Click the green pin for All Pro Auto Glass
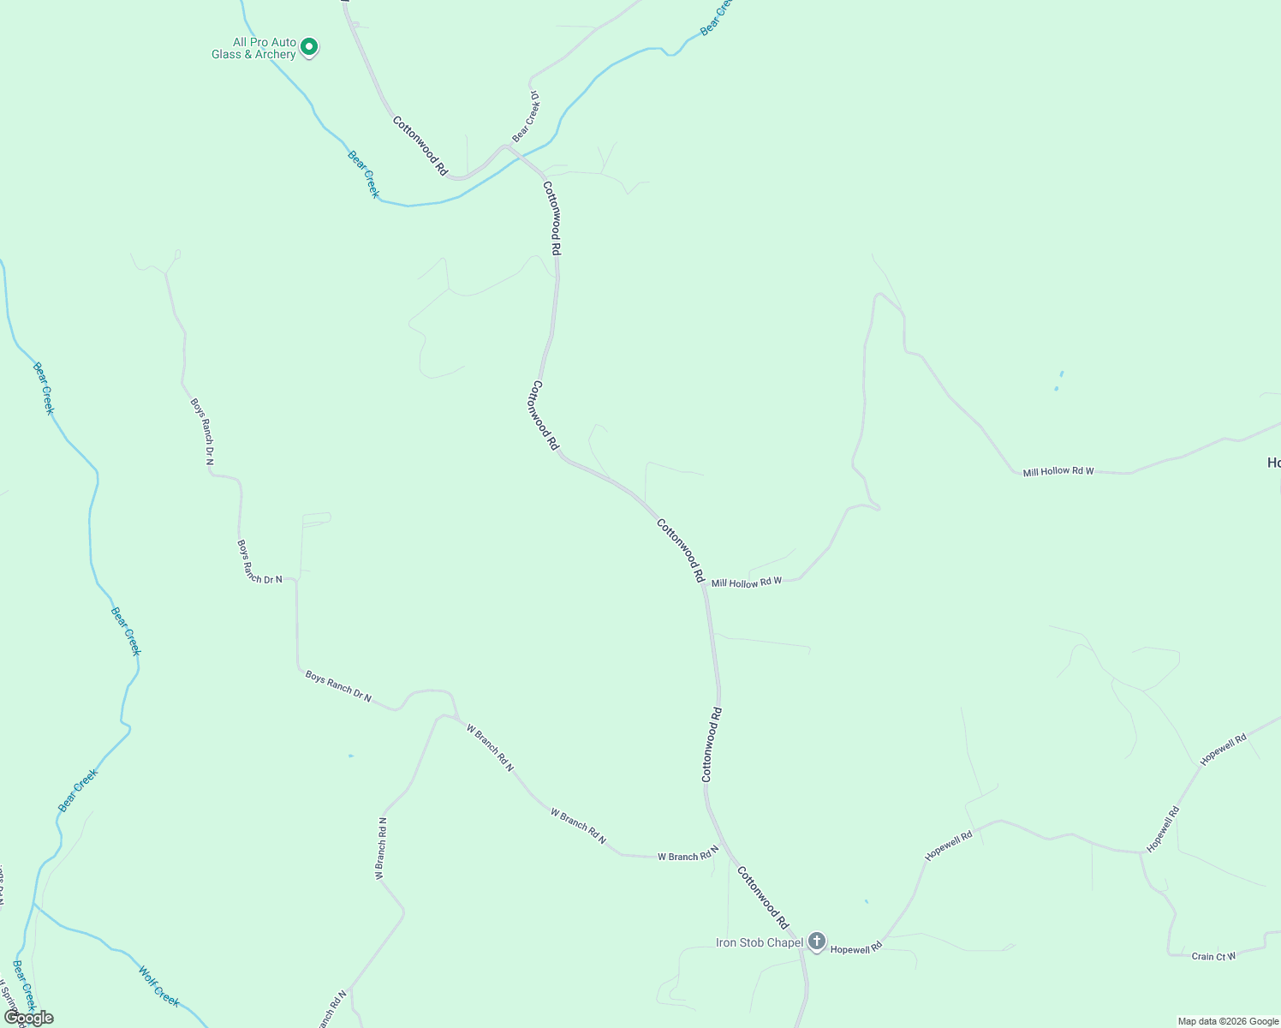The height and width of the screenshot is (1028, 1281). coord(309,47)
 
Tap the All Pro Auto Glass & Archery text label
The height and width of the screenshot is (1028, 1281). coord(254,48)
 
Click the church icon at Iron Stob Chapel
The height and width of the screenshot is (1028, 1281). coord(817,942)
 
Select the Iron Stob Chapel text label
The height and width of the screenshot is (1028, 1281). coord(760,943)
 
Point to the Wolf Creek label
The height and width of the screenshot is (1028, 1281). coord(159,985)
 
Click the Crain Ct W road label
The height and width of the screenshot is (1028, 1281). coord(1213,956)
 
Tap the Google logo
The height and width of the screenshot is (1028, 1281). coord(28,1018)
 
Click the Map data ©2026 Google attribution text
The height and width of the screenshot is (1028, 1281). coord(1228,1021)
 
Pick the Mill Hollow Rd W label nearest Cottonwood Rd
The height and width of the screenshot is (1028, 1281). coord(747,583)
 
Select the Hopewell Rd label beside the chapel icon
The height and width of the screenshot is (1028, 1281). coord(856,949)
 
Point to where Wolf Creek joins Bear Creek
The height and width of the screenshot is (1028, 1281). coord(34,904)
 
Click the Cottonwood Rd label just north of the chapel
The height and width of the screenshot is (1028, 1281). coord(763,898)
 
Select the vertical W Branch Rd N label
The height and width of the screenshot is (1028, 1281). coord(381,848)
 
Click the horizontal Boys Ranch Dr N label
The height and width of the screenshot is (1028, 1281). coord(259,579)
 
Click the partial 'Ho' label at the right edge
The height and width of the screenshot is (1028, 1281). coord(1273,463)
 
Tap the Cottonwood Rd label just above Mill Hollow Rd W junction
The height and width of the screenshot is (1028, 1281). coord(681,550)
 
